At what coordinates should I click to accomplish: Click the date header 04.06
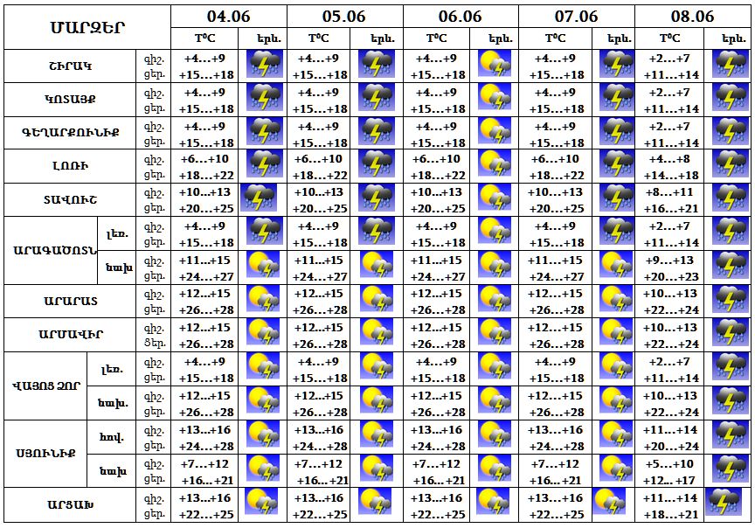point(228,16)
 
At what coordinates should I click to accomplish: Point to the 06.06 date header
point(460,16)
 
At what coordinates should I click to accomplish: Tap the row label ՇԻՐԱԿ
point(72,66)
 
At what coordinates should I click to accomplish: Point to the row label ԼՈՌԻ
point(72,166)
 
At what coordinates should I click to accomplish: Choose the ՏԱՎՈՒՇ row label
point(72,199)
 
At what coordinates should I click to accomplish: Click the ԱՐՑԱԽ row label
point(72,505)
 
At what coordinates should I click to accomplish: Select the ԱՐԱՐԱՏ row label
point(72,301)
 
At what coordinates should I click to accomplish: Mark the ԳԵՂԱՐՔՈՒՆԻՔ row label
point(72,133)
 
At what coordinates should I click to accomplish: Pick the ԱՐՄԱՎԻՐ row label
point(72,334)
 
